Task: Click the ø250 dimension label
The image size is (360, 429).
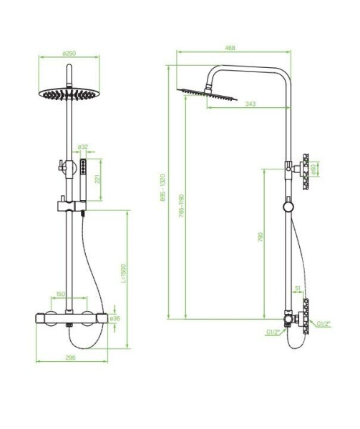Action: point(69,53)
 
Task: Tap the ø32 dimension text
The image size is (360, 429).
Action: point(83,147)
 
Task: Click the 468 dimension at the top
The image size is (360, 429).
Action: point(230,48)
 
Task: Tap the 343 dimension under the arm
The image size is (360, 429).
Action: point(250,104)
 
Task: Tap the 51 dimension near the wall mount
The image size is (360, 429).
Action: point(297,288)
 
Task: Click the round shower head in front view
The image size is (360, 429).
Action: point(70,95)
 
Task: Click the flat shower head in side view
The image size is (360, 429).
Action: point(208,94)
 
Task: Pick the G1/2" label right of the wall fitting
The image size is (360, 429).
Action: point(323,324)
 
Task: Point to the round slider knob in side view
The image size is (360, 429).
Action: point(287,207)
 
